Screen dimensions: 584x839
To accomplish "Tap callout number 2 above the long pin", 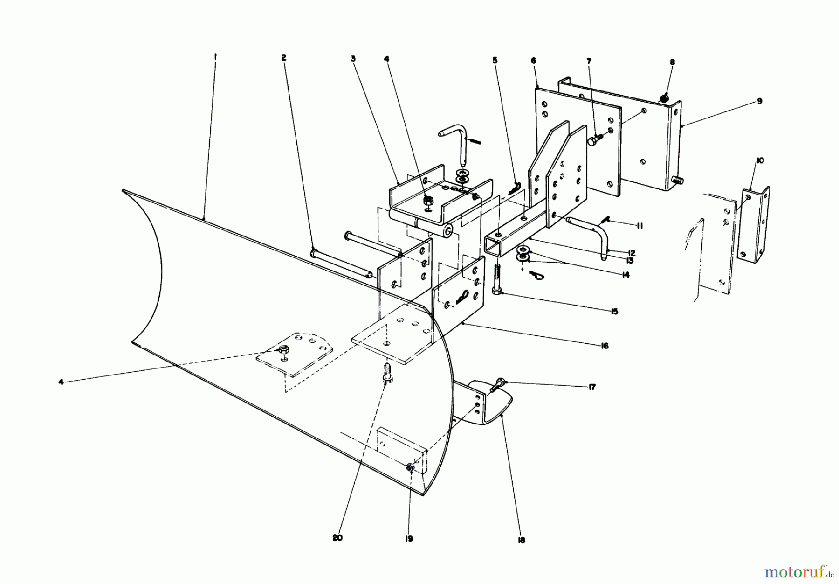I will click(x=283, y=57).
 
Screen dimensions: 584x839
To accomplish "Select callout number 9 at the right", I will click(x=759, y=101).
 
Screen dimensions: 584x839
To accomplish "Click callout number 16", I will click(x=605, y=346).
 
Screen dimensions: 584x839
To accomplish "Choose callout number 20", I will click(x=337, y=537).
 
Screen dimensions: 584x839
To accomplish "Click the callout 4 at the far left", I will click(x=61, y=382).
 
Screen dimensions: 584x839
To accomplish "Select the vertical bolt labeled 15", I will click(x=497, y=279).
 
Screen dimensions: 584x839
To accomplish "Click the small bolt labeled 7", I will click(x=594, y=138).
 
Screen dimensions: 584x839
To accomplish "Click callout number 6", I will click(x=533, y=61).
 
